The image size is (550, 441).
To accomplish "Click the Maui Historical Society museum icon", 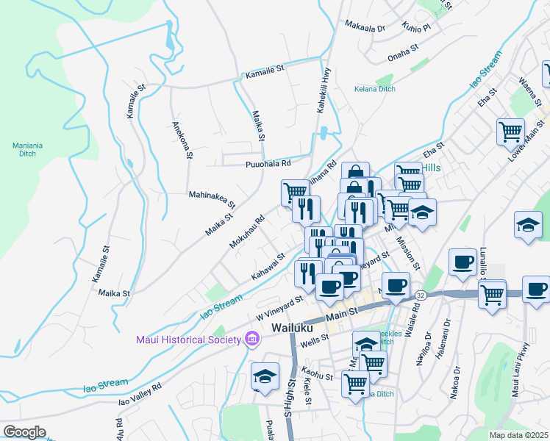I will coord(252,339).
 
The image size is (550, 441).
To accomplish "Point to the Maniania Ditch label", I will coord(28,149).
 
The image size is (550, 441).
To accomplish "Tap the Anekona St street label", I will coord(181,140).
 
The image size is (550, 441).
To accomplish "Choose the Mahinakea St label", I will coord(212,198).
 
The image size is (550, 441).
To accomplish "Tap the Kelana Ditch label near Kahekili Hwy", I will coord(375,89).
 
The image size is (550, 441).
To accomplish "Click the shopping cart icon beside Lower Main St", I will coord(510,132).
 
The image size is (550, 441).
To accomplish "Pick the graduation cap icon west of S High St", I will coord(265,376).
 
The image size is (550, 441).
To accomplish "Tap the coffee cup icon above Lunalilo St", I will coord(463,262).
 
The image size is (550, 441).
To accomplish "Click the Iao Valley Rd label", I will coord(140,394).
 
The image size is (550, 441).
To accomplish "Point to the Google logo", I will coord(24,432).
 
